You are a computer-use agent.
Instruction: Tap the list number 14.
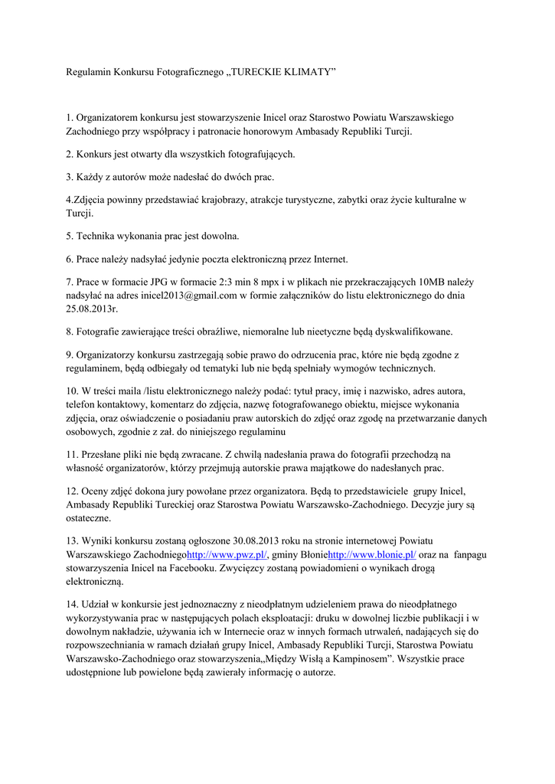pos(72,603)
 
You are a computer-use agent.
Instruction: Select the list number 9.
pos(69,354)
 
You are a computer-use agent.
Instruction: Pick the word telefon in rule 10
pos(80,404)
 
